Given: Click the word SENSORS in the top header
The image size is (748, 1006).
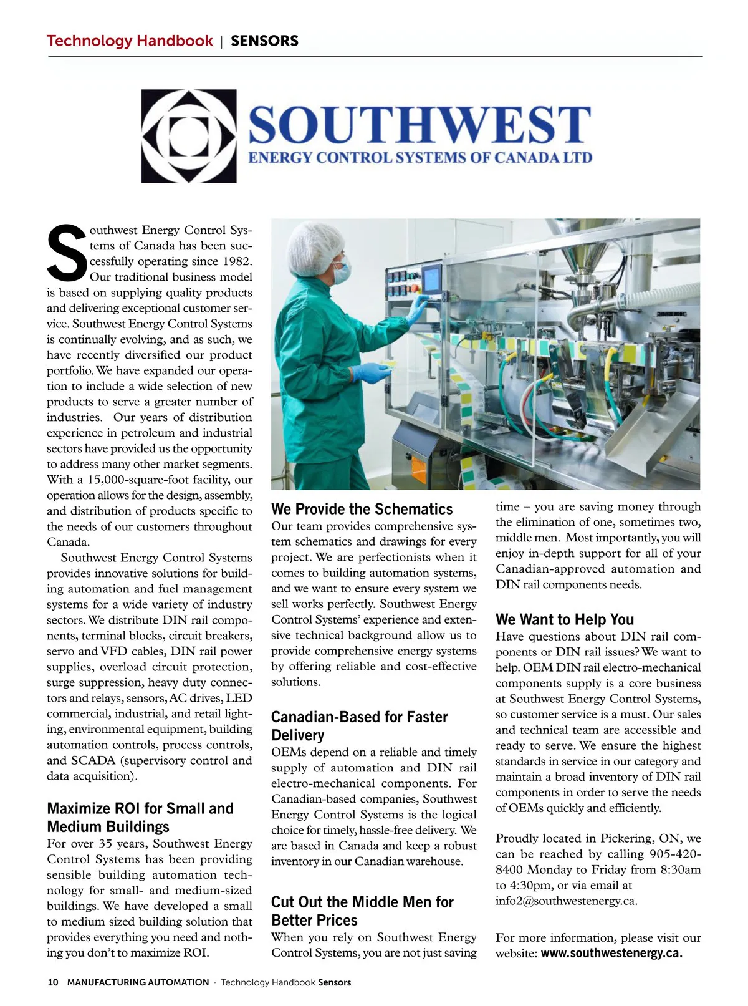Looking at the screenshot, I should coord(264,41).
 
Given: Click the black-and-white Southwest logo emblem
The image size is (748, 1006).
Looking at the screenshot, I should coord(188,136).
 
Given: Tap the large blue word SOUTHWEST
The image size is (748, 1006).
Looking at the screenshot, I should coord(420,125).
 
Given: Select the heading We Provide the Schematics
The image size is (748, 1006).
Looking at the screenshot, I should coord(362,509).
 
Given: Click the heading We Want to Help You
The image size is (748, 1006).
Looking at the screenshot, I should coord(564,619).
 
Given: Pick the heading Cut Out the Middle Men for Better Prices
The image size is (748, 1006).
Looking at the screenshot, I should coord(362,911).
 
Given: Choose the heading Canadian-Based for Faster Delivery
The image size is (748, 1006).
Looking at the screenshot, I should coord(359,726).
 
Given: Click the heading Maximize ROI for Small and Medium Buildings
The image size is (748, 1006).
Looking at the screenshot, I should coord(140,817).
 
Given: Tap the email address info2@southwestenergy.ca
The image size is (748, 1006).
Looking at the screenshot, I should coord(566,901).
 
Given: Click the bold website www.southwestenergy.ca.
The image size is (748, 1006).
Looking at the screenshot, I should coord(611,953).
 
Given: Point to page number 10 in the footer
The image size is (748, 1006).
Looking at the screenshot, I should coord(53,982).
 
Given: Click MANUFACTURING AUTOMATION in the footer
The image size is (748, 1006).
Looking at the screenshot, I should coord(138,982).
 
